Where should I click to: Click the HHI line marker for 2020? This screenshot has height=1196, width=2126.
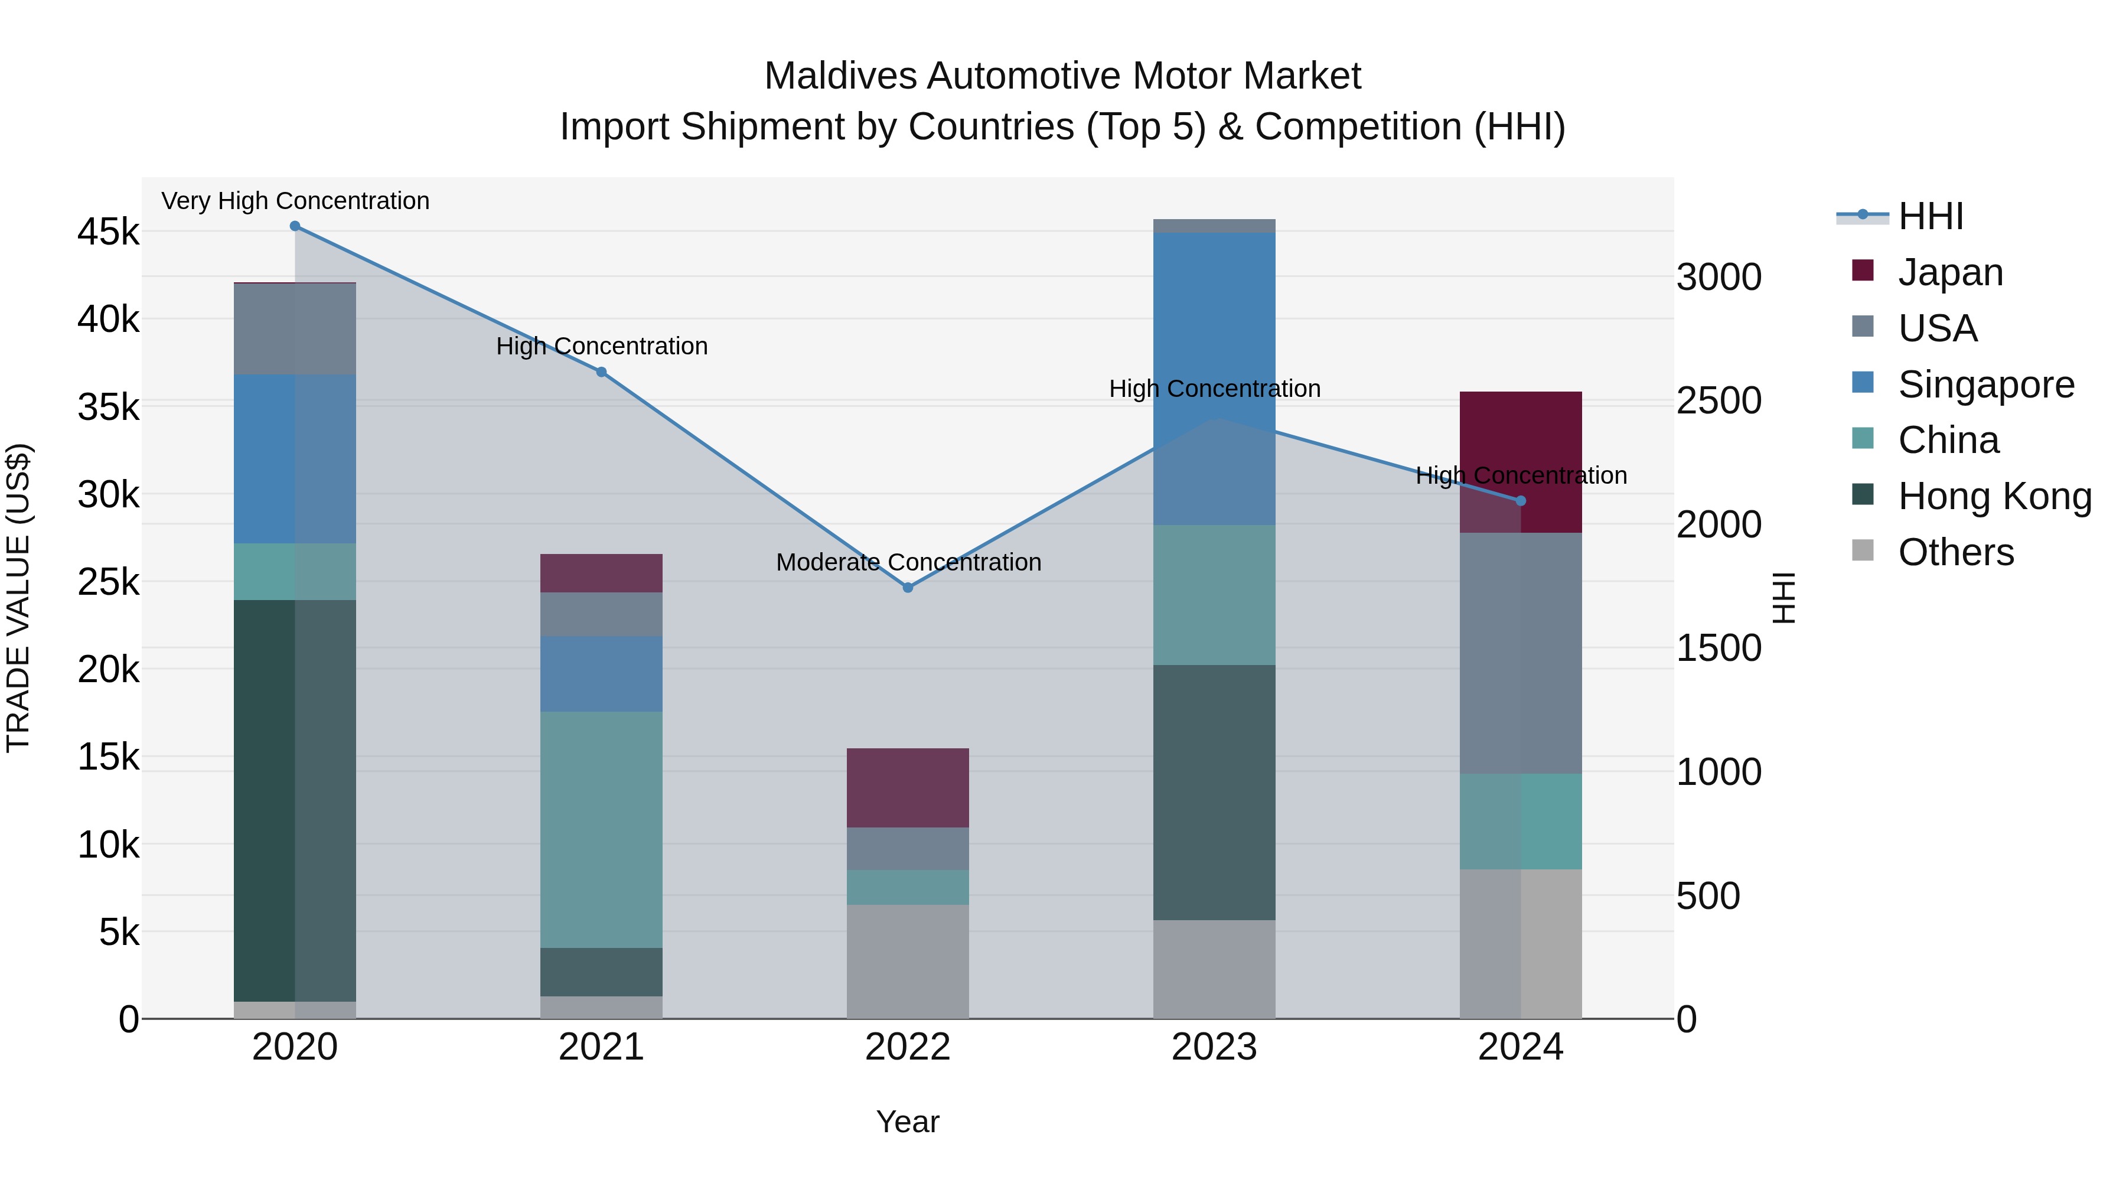click(295, 226)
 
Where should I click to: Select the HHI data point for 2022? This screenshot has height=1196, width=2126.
click(908, 588)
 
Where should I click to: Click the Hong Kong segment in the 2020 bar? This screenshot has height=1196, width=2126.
click(295, 801)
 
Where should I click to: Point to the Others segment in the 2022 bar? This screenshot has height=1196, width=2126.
click(908, 962)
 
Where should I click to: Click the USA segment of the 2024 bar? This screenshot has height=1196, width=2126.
click(1521, 653)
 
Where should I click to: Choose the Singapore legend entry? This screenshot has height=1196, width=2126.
click(1985, 384)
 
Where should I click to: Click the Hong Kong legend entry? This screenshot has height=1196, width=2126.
click(1994, 496)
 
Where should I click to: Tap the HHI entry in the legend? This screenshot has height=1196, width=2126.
click(1929, 216)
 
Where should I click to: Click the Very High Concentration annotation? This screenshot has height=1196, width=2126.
click(295, 201)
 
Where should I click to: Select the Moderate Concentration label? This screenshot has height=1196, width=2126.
click(909, 562)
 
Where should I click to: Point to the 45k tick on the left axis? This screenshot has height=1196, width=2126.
click(108, 232)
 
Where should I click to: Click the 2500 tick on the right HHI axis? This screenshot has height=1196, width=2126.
click(1719, 401)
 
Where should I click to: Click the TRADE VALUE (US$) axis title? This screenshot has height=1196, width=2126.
click(19, 598)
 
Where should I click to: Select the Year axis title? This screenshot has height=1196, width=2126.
click(907, 1122)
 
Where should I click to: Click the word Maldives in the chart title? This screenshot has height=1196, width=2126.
click(840, 76)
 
